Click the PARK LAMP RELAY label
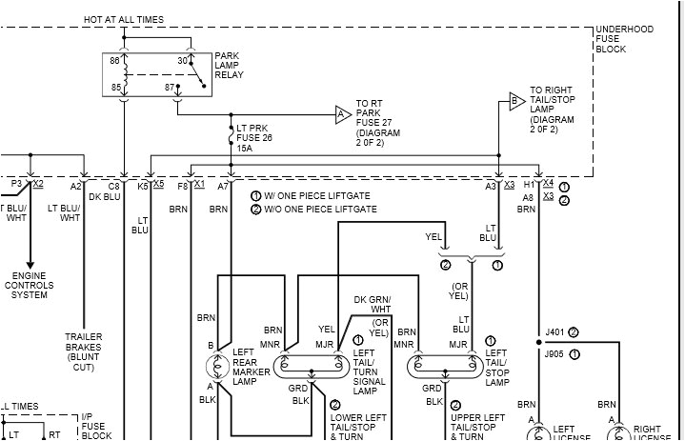click(x=232, y=64)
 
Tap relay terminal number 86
click(x=115, y=60)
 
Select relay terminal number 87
click(x=171, y=88)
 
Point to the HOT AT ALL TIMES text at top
click(x=123, y=19)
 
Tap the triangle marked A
click(x=342, y=114)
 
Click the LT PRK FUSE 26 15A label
click(x=254, y=138)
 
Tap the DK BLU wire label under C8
click(x=106, y=196)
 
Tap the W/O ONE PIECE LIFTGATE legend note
click(x=313, y=209)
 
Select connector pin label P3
click(x=16, y=183)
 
